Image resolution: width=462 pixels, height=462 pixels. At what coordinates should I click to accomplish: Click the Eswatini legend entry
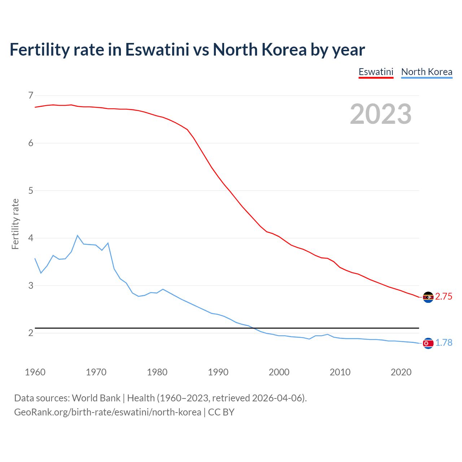point(376,72)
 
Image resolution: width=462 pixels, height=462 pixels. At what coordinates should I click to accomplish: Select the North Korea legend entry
point(427,72)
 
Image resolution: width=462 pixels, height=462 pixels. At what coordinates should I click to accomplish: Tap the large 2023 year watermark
point(381,114)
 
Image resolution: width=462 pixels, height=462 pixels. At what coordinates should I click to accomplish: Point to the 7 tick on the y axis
point(31,96)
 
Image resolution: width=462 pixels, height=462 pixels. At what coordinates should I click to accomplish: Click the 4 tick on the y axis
point(31,238)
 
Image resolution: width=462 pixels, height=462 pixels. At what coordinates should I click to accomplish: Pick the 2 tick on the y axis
point(31,333)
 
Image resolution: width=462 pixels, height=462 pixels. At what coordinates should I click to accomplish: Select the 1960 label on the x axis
point(35,372)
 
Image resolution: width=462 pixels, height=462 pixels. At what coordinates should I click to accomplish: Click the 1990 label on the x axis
point(218,372)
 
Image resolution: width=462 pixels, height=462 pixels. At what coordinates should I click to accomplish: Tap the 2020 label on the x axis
point(401,372)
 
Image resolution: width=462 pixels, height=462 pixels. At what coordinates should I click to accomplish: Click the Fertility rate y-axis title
point(15,224)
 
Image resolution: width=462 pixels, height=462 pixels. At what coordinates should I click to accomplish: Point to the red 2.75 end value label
point(444,297)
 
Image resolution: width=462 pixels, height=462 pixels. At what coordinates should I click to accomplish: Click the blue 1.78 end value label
point(444,343)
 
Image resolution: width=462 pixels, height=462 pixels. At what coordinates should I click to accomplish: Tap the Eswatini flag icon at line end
point(428,297)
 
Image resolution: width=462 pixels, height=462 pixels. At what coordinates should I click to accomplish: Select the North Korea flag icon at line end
point(428,343)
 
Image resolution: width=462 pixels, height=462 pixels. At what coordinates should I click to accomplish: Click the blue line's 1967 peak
point(78,235)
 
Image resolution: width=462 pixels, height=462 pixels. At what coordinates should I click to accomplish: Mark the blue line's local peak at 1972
point(108,243)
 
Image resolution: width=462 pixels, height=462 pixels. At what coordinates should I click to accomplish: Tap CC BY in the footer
point(221,412)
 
